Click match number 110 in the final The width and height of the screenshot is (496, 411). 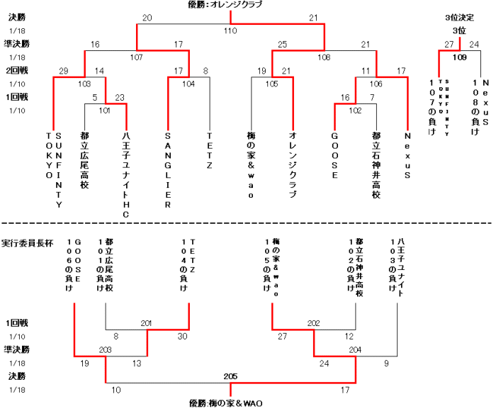pyautogui.click(x=230, y=31)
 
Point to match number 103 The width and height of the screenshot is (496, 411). pyautogui.click(x=84, y=84)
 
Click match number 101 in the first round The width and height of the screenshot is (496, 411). pyautogui.click(x=105, y=111)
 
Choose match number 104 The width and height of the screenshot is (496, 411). pyautogui.click(x=188, y=84)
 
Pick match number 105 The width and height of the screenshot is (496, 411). pyautogui.click(x=273, y=84)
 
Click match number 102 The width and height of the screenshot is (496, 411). pyautogui.click(x=355, y=111)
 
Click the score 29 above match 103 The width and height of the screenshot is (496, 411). pyautogui.click(x=64, y=71)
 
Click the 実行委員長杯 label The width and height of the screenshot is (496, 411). pyautogui.click(x=26, y=243)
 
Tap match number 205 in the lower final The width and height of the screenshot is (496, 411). pyautogui.click(x=230, y=376)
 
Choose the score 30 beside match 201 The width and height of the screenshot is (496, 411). pyautogui.click(x=184, y=336)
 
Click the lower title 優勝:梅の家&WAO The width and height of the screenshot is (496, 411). pyautogui.click(x=226, y=403)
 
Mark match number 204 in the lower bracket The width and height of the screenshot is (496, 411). pyautogui.click(x=355, y=350)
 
